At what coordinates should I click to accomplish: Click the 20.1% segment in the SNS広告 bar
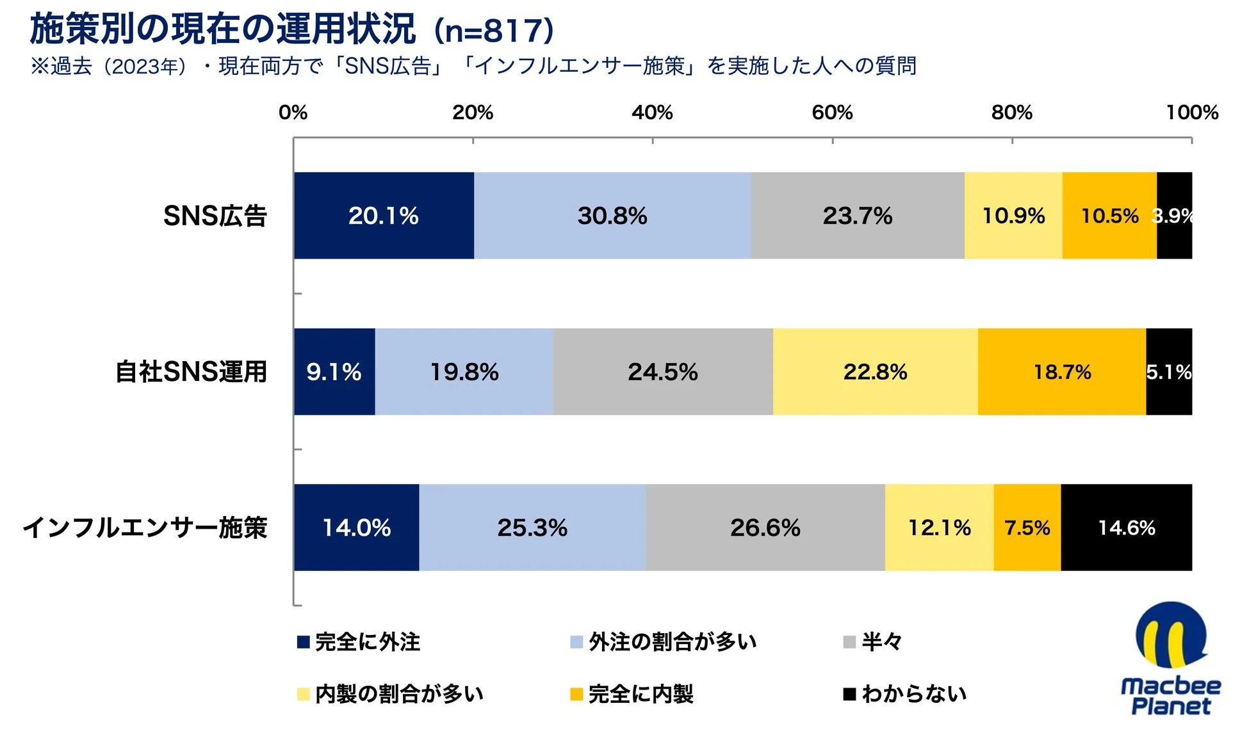(383, 216)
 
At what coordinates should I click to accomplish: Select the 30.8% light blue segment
(612, 216)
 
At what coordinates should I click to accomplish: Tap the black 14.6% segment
(1126, 528)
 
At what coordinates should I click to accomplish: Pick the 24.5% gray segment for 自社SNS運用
(662, 372)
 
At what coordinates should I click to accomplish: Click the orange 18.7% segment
(1061, 372)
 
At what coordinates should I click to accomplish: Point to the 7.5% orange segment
(1027, 528)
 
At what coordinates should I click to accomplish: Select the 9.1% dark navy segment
(334, 372)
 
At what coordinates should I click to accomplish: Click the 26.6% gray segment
(765, 528)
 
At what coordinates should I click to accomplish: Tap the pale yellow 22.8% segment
(875, 372)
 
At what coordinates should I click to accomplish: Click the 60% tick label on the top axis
(832, 113)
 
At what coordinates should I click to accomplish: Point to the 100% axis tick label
(1191, 113)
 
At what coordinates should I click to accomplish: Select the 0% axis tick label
(293, 113)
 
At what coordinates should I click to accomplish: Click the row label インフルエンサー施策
(145, 528)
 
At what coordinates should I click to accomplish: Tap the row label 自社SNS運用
(191, 372)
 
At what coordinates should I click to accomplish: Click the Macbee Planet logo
(1170, 659)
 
